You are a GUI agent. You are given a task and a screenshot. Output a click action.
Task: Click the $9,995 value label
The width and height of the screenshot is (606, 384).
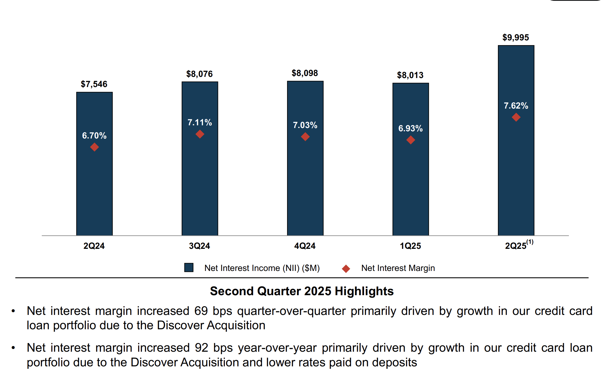pos(516,37)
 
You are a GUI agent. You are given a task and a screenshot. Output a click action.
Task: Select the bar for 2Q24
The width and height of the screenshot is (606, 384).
pos(94,185)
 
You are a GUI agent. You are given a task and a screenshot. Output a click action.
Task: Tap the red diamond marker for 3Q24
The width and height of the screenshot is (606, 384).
pos(200,134)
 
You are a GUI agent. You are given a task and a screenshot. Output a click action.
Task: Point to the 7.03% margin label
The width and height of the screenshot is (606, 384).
pos(305,125)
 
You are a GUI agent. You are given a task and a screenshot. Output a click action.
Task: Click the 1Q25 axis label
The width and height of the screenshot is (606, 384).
pos(410,246)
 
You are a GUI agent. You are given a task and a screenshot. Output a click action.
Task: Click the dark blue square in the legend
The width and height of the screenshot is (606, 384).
pos(189,267)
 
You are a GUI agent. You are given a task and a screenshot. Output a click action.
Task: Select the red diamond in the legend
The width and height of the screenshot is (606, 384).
pos(346,269)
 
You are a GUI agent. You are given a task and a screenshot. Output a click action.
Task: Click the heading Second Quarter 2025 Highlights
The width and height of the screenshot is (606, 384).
pos(302,291)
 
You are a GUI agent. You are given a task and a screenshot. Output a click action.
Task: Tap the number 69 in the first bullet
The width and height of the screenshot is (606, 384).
pos(201,311)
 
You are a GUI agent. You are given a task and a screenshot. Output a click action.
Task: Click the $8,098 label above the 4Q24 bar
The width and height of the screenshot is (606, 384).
pos(305,73)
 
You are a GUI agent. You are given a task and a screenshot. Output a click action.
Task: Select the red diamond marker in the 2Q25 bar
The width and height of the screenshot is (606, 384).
pos(516,117)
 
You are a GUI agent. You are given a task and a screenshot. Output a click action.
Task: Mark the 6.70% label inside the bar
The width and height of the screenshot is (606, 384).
pos(94,135)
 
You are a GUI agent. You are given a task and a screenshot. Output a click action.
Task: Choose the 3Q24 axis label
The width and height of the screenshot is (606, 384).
pos(199,246)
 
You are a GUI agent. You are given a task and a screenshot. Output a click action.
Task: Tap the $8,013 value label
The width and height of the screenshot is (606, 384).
pos(410,75)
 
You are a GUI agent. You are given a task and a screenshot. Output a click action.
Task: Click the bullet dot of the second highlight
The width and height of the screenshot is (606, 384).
pos(13,348)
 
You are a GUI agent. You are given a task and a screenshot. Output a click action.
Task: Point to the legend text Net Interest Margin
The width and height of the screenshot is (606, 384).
pos(398,268)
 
